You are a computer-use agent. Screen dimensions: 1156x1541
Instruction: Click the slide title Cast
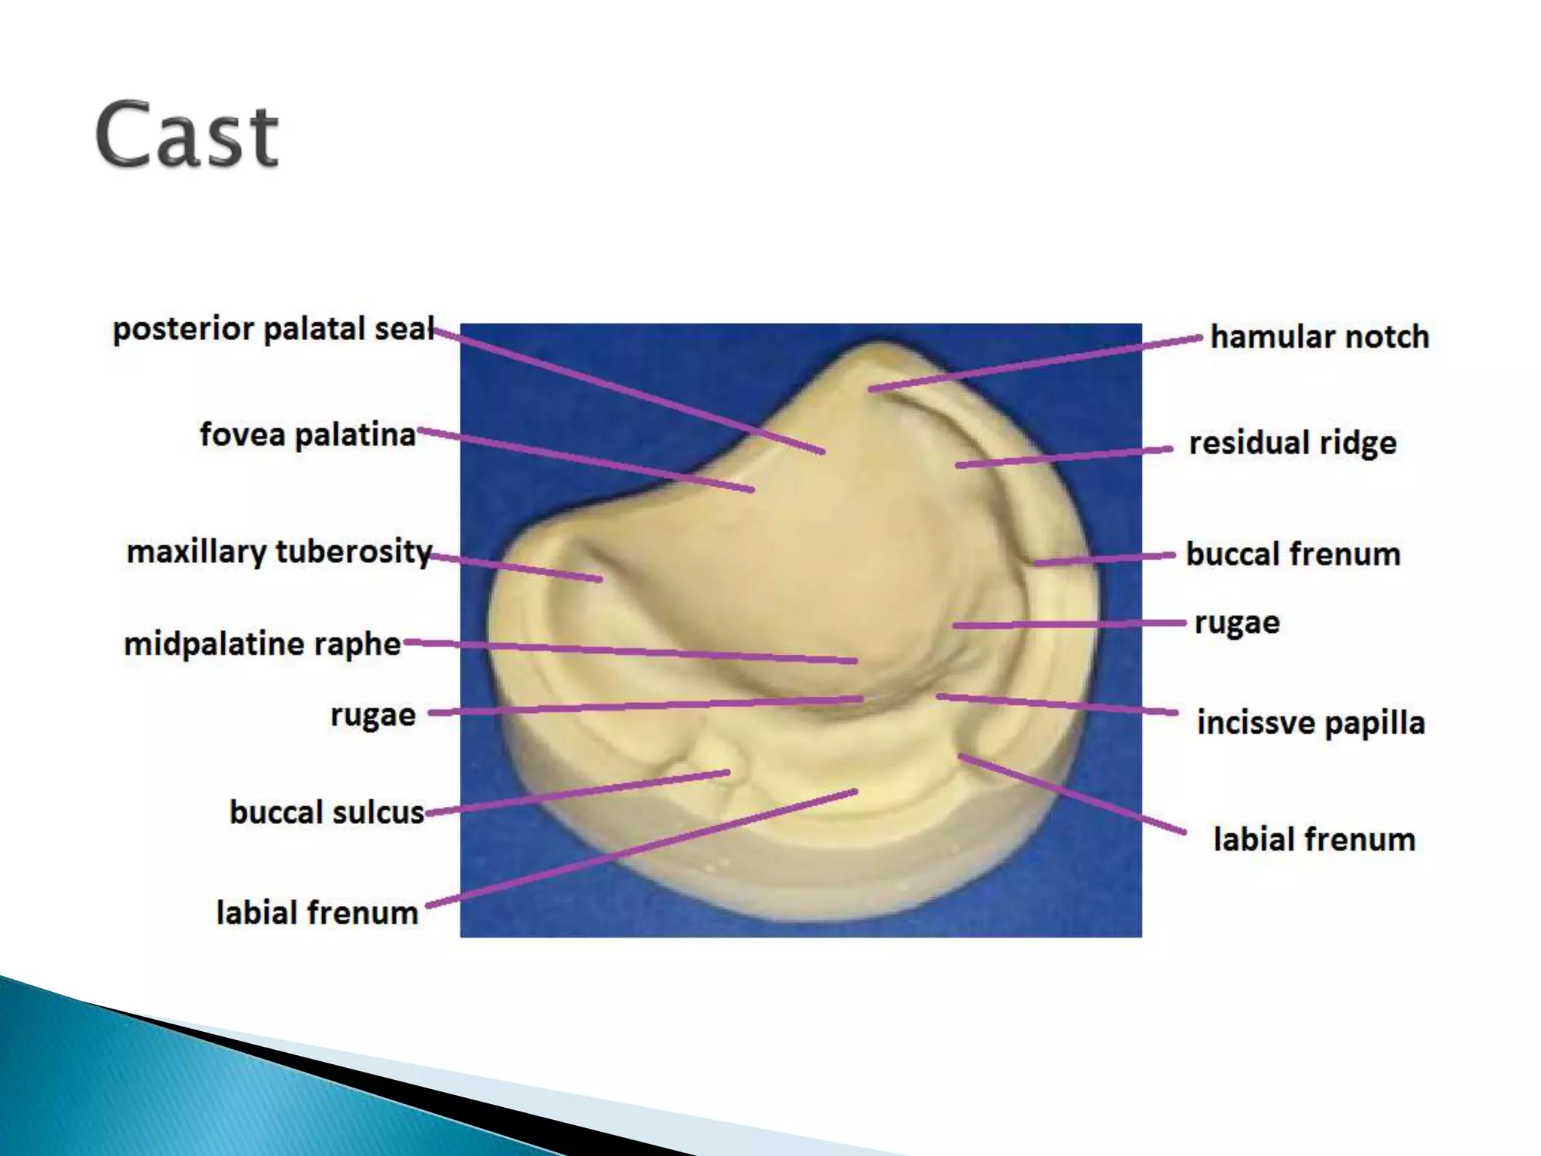point(187,135)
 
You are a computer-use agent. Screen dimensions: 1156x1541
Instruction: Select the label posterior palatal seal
point(273,330)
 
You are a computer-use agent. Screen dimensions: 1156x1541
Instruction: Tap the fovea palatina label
point(307,435)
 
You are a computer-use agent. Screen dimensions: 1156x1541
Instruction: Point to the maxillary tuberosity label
point(278,552)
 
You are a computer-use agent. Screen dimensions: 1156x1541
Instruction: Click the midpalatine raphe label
point(262,644)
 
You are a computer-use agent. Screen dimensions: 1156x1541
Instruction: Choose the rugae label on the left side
point(372,715)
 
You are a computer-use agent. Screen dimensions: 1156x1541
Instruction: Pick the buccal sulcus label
point(327,813)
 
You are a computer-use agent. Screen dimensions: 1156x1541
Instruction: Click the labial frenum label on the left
point(317,913)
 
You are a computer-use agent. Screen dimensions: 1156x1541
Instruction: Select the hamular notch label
point(1319,337)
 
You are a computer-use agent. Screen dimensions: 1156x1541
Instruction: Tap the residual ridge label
point(1292,443)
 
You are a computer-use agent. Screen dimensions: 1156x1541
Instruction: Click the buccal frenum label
point(1293,555)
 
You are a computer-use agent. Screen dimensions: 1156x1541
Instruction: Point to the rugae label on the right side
point(1236,623)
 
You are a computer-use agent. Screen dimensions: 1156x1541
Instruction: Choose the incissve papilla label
point(1311,722)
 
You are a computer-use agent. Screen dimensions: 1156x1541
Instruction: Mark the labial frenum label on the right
point(1314,839)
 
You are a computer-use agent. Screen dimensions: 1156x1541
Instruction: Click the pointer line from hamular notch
point(1035,364)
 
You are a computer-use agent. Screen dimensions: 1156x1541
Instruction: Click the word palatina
point(354,435)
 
